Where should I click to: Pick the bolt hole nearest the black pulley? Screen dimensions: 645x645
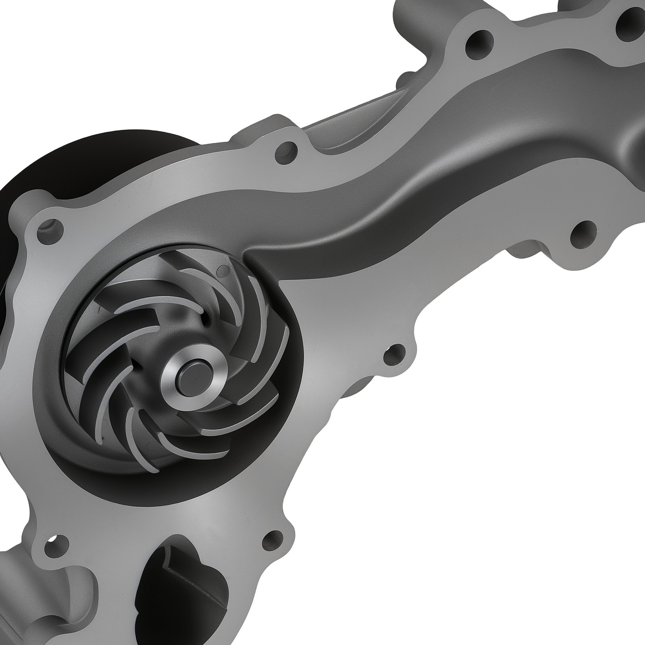51,228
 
